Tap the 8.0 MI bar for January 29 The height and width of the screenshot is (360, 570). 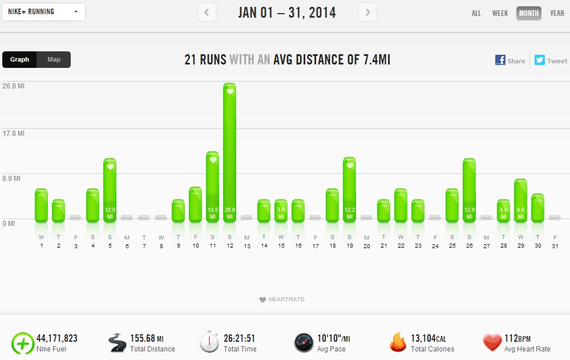click(520, 200)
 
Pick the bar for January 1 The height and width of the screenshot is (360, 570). click(41, 205)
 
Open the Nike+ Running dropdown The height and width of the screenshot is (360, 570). click(44, 12)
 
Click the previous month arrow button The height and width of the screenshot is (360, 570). click(207, 12)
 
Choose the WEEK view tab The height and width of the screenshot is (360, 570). click(500, 13)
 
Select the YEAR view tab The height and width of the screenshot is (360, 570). click(557, 13)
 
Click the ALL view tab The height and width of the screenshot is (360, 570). click(476, 13)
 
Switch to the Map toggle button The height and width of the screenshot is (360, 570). click(54, 59)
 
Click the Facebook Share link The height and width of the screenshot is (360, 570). click(510, 60)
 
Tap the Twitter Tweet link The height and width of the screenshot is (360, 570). click(551, 60)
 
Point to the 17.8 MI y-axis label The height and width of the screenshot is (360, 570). click(13, 134)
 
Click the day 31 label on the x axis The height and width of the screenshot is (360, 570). click(555, 246)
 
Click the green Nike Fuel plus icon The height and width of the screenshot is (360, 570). click(22, 343)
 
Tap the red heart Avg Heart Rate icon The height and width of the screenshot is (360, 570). click(492, 342)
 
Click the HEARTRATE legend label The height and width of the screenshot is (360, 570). click(285, 300)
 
